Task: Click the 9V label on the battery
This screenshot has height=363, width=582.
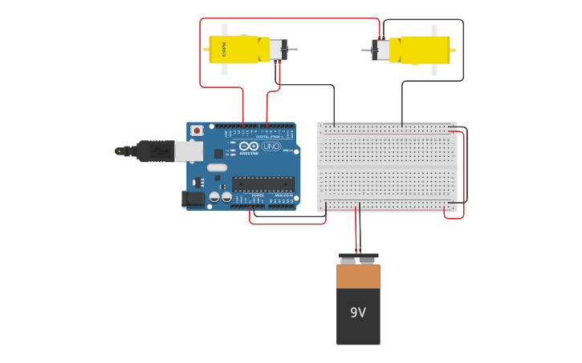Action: point(358,313)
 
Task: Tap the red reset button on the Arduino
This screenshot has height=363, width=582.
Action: point(197,131)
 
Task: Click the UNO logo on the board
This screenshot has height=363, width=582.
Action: point(271,146)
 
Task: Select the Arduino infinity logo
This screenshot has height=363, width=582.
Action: point(249,146)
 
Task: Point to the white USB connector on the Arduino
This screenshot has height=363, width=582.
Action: point(189,151)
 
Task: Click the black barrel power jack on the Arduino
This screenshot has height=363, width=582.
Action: point(193,199)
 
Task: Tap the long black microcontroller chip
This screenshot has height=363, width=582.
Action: point(263,184)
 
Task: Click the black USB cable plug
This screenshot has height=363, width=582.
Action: point(155,151)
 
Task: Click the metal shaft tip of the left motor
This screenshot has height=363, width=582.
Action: point(293,50)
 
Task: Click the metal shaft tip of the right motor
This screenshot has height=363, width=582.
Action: point(365,50)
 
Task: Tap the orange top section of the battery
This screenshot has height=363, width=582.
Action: point(358,276)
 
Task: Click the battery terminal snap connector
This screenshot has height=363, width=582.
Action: point(358,258)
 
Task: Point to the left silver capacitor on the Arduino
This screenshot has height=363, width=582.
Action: point(214,196)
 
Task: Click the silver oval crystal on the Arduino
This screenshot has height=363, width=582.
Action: point(217,167)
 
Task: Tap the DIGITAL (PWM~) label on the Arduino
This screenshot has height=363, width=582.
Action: point(268,137)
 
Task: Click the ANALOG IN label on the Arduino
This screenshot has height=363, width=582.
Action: point(283,195)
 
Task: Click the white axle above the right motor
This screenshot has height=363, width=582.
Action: point(434,30)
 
